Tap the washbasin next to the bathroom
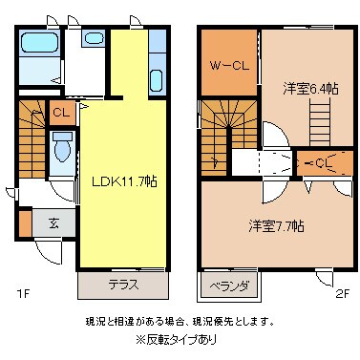pyautogui.click(x=94, y=40)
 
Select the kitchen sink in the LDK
pyautogui.click(x=158, y=67)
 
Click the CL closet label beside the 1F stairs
pyautogui.click(x=60, y=113)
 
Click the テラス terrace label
pyautogui.click(x=122, y=285)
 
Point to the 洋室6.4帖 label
pyautogui.click(x=305, y=88)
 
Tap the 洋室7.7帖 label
pyautogui.click(x=277, y=226)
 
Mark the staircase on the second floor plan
pyautogui.click(x=221, y=129)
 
